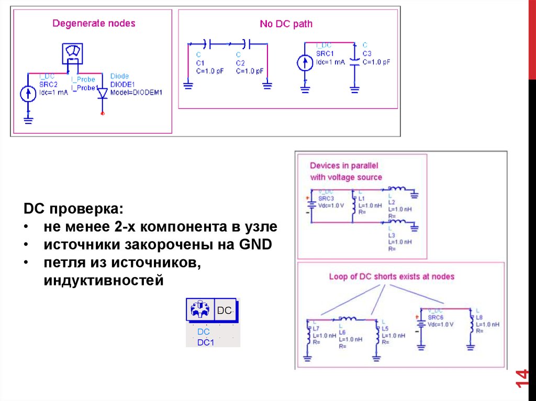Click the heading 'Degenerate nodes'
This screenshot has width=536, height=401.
coord(94,24)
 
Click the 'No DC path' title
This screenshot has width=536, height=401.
coord(286,24)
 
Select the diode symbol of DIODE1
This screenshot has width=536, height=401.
coord(102,94)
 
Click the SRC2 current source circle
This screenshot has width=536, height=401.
coord(28,94)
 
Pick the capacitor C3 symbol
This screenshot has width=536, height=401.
coord(355,61)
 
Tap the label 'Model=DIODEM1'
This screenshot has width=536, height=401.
coord(137,93)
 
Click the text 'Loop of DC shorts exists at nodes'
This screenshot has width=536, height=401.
coord(392,277)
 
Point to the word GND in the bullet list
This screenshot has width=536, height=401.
coord(256,245)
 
